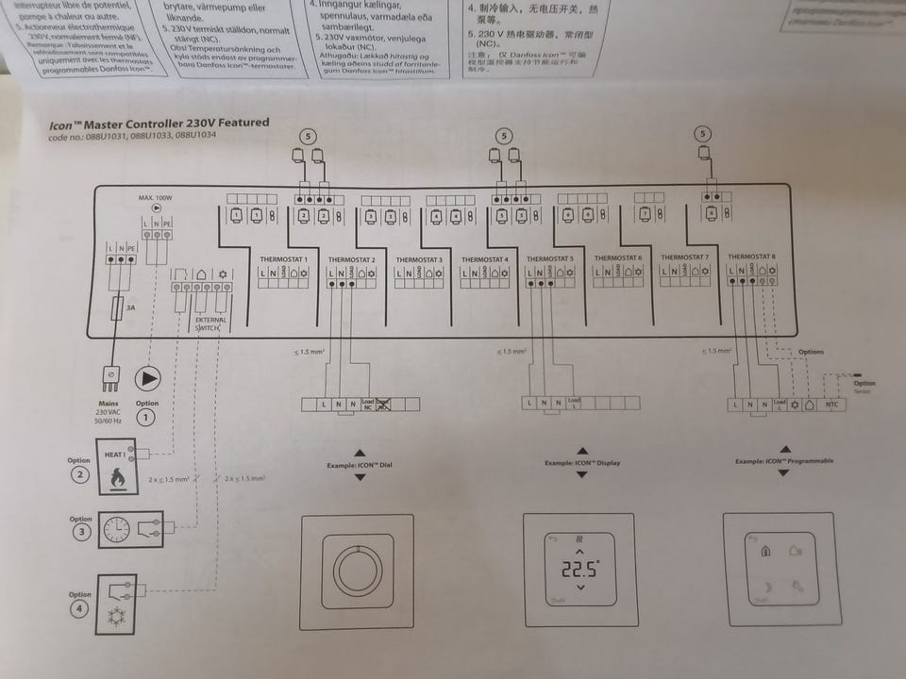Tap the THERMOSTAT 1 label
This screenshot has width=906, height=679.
pos(283,257)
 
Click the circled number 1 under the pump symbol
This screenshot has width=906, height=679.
pos(147,416)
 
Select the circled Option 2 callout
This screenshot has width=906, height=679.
pos(80,474)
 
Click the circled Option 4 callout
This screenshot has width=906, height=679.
pos(80,609)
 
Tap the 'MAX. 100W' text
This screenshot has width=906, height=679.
pos(157,198)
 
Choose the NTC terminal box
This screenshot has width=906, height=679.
pos(831,405)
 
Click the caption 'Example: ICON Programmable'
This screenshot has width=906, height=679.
pos(780,462)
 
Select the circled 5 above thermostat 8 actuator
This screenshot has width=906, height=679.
pos(701,135)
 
